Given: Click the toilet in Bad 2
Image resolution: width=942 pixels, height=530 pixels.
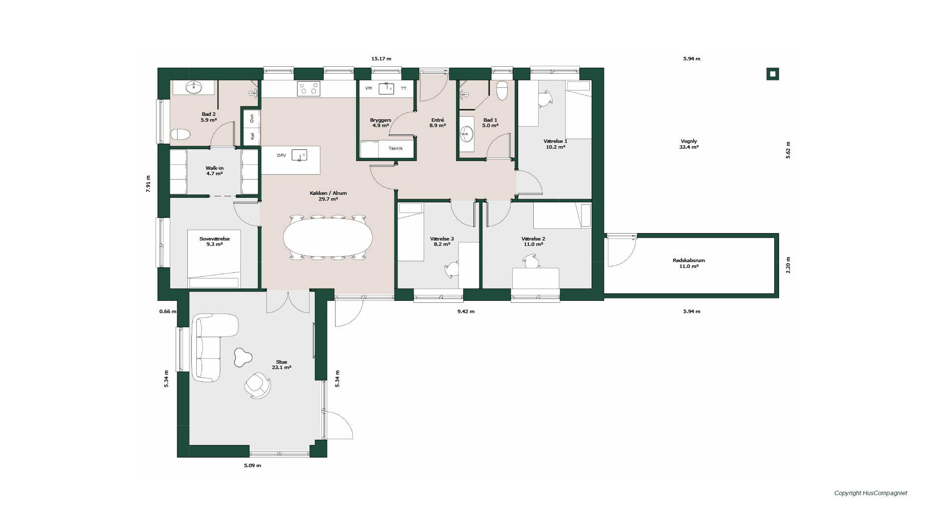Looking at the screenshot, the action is tap(181, 134).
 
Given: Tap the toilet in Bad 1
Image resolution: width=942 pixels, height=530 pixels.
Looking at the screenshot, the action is tap(502, 91).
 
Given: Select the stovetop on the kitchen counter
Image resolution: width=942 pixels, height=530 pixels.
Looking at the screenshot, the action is tap(309, 89).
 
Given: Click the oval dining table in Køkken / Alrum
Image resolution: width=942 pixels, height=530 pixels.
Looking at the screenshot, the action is tap(328, 238).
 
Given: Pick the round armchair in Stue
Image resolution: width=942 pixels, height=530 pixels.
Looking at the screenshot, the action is tap(258, 385).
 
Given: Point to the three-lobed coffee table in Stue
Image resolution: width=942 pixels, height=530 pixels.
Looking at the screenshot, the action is tap(242, 357).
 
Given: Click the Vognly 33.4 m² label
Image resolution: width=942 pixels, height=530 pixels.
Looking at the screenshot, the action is tap(689, 144).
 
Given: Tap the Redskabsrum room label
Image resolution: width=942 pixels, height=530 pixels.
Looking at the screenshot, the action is tap(689, 261).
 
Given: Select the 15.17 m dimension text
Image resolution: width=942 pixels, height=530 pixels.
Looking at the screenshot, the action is tap(381, 59).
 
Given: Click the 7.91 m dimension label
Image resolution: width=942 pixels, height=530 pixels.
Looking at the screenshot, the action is tap(148, 184).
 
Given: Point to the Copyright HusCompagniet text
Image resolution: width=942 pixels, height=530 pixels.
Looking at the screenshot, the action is tap(871, 493).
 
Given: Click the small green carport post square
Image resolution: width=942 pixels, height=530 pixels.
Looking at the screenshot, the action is tap(773, 74).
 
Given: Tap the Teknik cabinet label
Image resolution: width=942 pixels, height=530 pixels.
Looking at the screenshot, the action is tap(395, 148).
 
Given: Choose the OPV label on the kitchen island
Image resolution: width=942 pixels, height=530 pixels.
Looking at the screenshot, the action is tap(281, 156).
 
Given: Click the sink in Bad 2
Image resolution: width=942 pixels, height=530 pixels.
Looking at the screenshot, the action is tap(194, 87).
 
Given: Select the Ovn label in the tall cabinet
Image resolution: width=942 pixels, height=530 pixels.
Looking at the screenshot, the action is tap(252, 118).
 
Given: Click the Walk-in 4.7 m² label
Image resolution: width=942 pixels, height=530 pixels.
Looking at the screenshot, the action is tap(214, 171).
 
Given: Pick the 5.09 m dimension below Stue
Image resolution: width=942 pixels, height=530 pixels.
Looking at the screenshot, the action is tap(253, 466).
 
